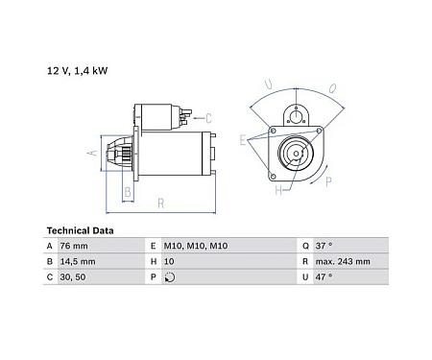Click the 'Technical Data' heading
pos(81,231)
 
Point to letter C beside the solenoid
pos(208,118)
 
